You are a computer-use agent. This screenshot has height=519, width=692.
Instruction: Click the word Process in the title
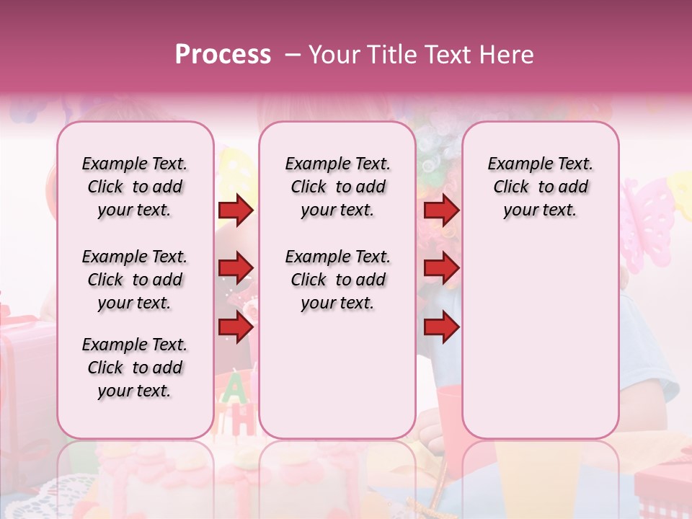223,55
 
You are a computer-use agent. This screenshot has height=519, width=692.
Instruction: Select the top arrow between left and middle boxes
236,210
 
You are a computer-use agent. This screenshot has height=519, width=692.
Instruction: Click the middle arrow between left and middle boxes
236,268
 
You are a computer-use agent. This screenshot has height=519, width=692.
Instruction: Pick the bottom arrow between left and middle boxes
236,327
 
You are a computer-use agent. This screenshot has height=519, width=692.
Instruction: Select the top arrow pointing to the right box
441,210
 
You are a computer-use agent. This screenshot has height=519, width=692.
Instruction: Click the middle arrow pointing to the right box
441,268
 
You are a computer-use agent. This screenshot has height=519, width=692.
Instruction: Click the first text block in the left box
135,187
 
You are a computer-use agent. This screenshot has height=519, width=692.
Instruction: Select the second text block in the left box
135,280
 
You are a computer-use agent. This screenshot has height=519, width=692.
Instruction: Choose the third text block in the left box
135,368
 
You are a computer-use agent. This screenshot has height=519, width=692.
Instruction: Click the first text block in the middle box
338,187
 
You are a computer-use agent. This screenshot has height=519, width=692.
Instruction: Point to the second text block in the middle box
338,280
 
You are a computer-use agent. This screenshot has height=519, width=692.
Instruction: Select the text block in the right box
541,187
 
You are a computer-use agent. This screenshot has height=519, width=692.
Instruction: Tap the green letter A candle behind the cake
232,389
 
